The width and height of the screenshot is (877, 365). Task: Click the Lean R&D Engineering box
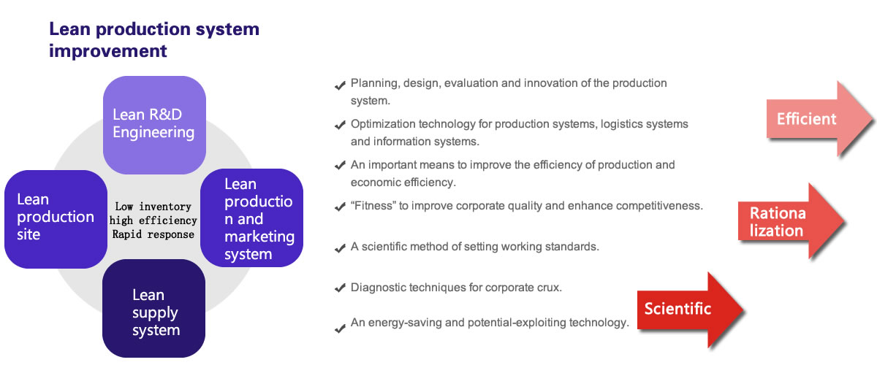pyautogui.click(x=154, y=125)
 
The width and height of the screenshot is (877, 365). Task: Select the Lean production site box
pyautogui.click(x=56, y=219)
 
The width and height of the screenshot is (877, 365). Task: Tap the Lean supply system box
pyautogui.click(x=153, y=308)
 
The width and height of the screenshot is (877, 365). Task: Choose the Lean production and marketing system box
pyautogui.click(x=251, y=218)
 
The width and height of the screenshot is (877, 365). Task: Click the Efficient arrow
pyautogui.click(x=819, y=119)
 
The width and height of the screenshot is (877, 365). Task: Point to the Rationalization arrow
pyautogui.click(x=791, y=221)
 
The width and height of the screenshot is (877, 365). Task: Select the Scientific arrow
pyautogui.click(x=690, y=310)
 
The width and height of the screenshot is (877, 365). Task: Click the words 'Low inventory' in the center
pyautogui.click(x=153, y=206)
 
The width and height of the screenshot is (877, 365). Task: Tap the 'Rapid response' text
pyautogui.click(x=153, y=234)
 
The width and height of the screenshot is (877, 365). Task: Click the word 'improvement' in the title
pyautogui.click(x=108, y=51)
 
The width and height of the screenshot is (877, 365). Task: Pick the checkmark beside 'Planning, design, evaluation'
pyautogui.click(x=340, y=85)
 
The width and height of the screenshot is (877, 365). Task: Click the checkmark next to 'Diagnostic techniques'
pyautogui.click(x=340, y=288)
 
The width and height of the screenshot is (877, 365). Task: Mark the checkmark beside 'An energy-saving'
pyautogui.click(x=340, y=328)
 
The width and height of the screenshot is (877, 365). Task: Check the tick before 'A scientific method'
pyautogui.click(x=340, y=248)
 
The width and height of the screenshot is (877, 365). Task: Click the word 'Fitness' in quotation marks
pyautogui.click(x=374, y=205)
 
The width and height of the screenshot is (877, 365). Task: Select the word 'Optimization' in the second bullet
pyautogui.click(x=383, y=124)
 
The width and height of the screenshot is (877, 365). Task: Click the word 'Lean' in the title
pyautogui.click(x=69, y=29)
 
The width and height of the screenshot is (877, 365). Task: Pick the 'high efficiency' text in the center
pyautogui.click(x=153, y=220)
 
